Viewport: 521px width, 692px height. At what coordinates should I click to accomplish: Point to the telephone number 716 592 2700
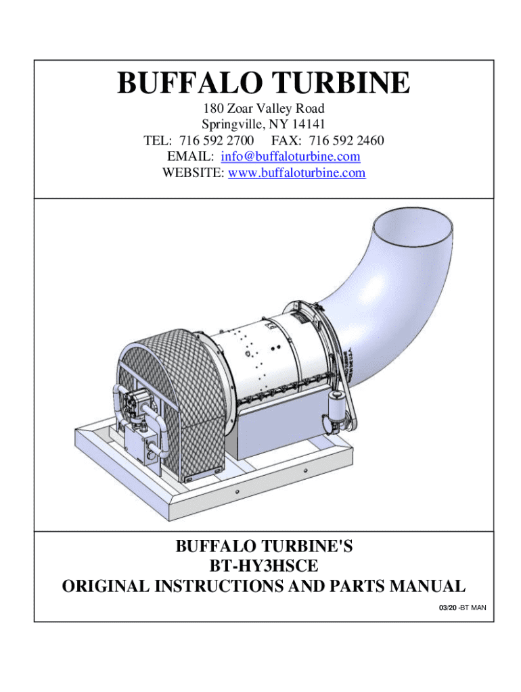[x=217, y=141]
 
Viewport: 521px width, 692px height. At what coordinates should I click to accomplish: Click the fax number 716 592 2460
[x=346, y=141]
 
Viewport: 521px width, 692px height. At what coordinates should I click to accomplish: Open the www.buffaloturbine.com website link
[x=297, y=173]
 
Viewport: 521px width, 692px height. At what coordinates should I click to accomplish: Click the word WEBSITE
[x=193, y=173]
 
